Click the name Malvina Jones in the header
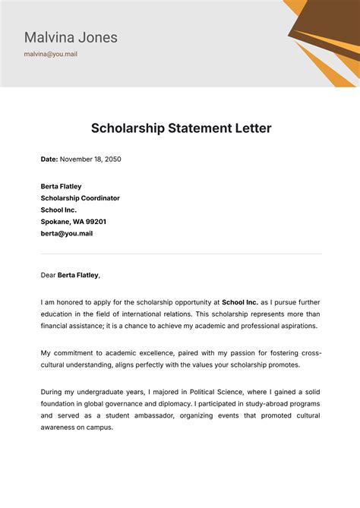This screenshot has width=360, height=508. pyautogui.click(x=71, y=37)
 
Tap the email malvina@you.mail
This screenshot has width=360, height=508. pyautogui.click(x=50, y=55)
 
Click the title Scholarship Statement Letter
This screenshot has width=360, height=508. pyautogui.click(x=181, y=128)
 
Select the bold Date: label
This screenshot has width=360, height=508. pyautogui.click(x=49, y=159)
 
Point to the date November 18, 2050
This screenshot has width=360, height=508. pyautogui.click(x=90, y=159)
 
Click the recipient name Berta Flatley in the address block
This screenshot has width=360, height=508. pyautogui.click(x=61, y=187)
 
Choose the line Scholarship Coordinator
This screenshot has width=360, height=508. pyautogui.click(x=80, y=198)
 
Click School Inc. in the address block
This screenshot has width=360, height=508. pyautogui.click(x=58, y=210)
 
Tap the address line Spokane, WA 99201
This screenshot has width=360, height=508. pyautogui.click(x=73, y=222)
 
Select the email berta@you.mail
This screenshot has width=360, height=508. pyautogui.click(x=66, y=234)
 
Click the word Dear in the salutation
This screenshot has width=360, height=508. pyautogui.click(x=49, y=275)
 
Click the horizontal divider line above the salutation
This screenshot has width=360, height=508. pyautogui.click(x=181, y=254)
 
